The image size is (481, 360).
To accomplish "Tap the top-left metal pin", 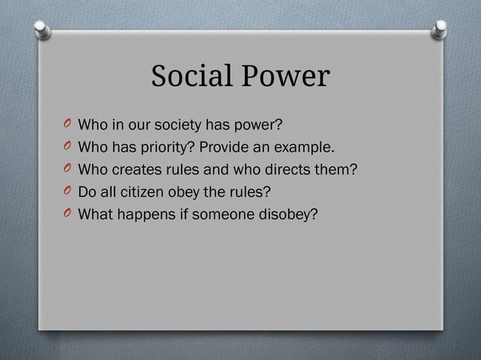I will (43, 29).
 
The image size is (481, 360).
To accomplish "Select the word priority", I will (167, 146).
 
